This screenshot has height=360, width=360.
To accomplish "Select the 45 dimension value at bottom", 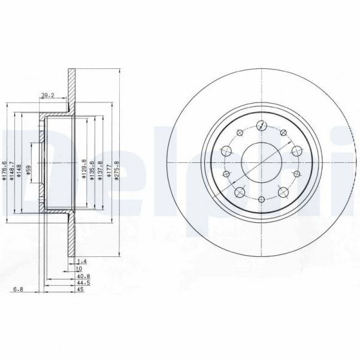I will [81, 290].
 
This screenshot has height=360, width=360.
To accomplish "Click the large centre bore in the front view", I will [262, 160].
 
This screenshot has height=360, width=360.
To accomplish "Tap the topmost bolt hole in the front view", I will [262, 126].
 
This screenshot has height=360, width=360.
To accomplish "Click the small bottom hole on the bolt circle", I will [262, 198].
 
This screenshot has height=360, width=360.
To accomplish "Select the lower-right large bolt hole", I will [283, 193].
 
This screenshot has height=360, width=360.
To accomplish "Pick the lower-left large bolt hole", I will [240, 192].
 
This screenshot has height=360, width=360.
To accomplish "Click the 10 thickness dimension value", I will [78, 270].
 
